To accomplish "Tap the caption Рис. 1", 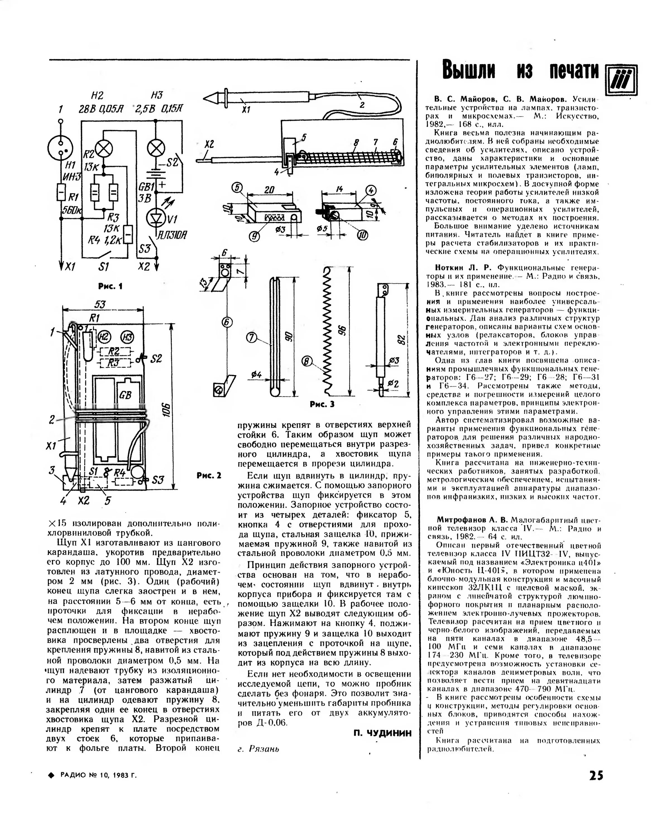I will (110, 286).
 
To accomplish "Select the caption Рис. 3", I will (322, 404).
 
